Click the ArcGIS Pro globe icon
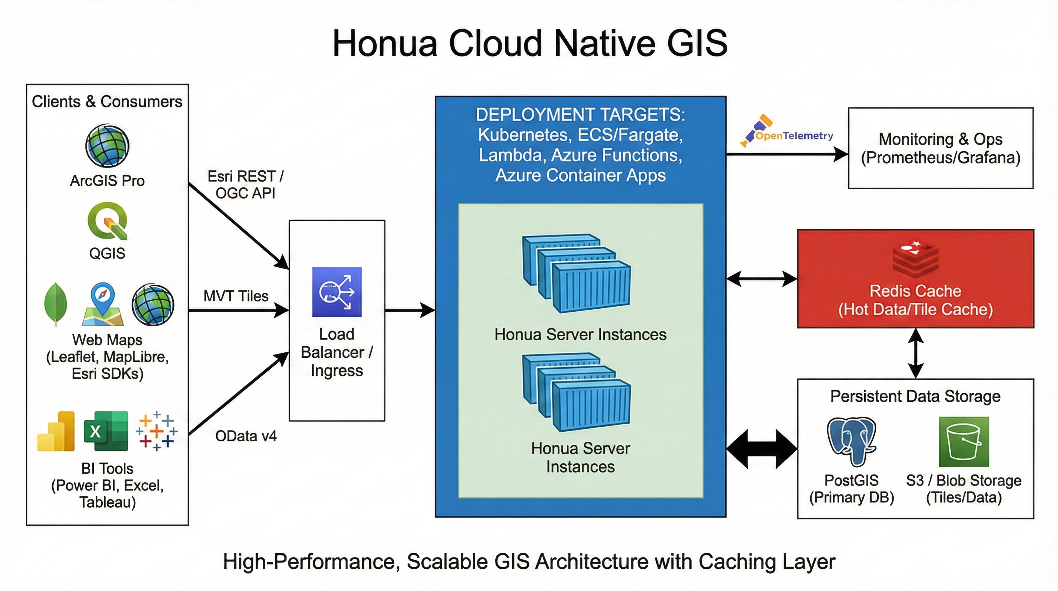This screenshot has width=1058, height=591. (x=107, y=146)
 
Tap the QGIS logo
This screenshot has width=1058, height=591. (x=108, y=221)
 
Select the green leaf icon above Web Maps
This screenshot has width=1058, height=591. (x=55, y=304)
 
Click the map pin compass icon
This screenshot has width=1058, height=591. (x=103, y=304)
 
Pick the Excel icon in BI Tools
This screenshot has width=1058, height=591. (x=106, y=431)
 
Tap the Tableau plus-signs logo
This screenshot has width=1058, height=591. (x=156, y=431)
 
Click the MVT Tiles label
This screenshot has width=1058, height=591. (x=236, y=296)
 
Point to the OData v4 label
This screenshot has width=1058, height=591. (x=246, y=436)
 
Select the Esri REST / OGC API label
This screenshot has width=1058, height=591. (x=245, y=185)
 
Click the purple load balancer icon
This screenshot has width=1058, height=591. (x=337, y=292)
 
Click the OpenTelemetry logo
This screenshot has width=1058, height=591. (x=787, y=132)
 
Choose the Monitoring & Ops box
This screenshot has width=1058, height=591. (x=940, y=148)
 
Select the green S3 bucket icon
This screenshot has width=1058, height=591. (x=963, y=442)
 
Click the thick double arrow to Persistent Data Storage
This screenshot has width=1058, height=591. (x=762, y=449)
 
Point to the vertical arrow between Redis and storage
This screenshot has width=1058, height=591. (x=915, y=354)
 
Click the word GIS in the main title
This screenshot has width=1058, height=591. (x=697, y=43)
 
